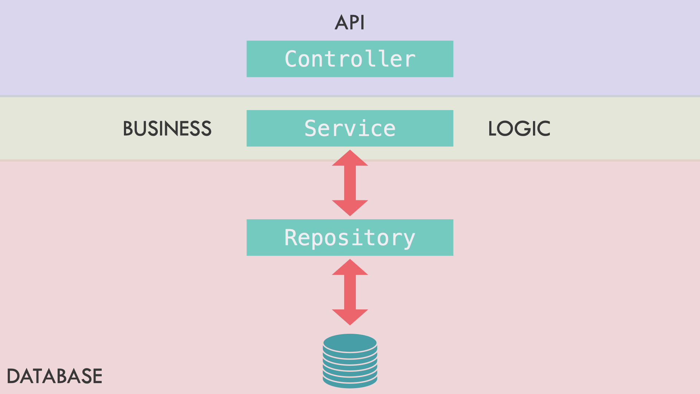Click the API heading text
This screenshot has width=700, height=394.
350,23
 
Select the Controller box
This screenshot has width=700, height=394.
350,59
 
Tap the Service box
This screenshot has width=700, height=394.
350,128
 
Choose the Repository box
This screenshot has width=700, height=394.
350,237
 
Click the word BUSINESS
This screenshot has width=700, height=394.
167,129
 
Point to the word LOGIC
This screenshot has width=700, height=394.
519,129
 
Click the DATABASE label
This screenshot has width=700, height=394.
55,376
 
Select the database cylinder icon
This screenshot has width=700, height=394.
350,361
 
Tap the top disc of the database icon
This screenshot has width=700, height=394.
350,343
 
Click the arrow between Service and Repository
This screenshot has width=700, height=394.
350,183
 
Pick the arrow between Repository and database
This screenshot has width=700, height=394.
350,292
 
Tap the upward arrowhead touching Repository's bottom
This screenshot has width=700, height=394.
350,268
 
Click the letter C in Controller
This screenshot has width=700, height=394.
292,59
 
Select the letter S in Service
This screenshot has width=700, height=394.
311,128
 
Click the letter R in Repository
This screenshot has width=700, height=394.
291,237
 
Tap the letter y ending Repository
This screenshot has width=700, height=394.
409,239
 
